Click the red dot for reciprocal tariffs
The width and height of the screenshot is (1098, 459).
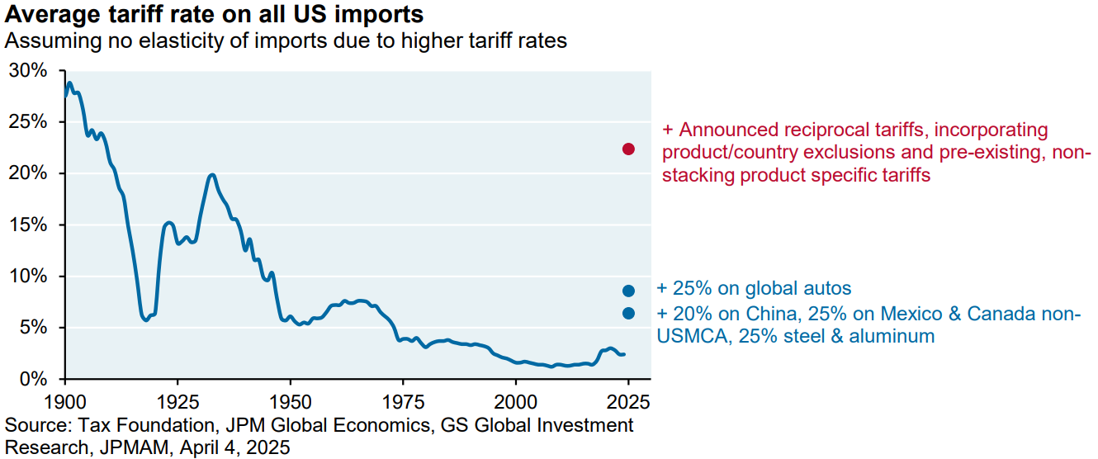[x=628, y=149]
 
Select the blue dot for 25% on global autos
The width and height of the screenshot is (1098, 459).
[x=628, y=291]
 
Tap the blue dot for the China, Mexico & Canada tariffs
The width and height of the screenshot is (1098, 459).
[x=628, y=314]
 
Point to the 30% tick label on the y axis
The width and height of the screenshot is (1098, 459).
[x=28, y=71]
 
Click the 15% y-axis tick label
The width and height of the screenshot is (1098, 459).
[x=28, y=225]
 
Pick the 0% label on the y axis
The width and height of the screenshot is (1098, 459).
[x=33, y=379]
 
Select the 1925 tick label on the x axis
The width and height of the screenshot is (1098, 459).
[x=177, y=402]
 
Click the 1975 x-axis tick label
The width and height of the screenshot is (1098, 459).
[x=403, y=402]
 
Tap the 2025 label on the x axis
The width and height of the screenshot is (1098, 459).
[x=628, y=402]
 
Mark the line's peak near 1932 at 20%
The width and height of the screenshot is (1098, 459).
[x=211, y=174]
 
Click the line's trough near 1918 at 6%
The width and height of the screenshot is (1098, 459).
[x=145, y=319]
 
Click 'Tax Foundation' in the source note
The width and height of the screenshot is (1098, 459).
[x=146, y=425]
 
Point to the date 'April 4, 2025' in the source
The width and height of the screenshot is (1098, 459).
[x=234, y=447]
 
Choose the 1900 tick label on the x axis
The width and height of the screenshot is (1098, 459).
[x=65, y=402]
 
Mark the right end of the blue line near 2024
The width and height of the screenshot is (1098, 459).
[x=624, y=354]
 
